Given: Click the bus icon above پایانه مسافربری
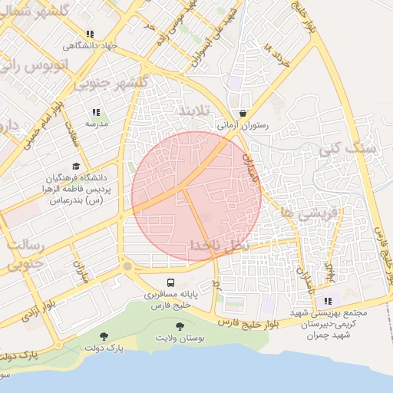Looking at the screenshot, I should coord(170,282).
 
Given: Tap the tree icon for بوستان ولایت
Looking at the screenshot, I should coord(180,326).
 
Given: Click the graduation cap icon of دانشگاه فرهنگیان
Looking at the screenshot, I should coord(75,166).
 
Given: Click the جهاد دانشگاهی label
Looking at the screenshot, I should coord(91,45).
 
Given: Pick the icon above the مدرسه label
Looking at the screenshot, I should coord(96,112).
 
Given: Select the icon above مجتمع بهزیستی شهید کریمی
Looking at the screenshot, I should coord(328,301).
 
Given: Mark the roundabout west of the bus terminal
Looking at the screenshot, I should coord(127,266).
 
